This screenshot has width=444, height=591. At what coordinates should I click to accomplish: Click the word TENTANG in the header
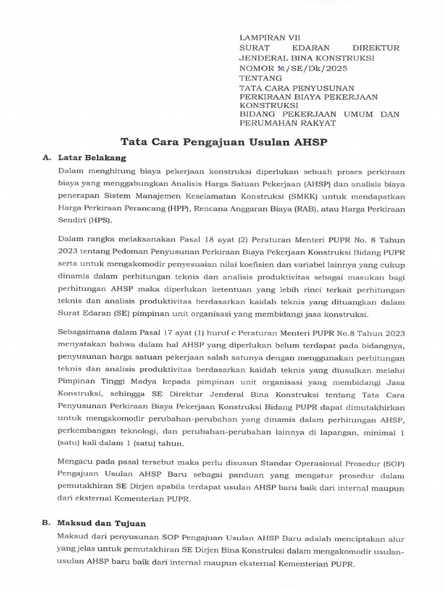point(261,78)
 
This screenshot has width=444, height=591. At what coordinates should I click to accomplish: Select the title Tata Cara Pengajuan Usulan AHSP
point(223,142)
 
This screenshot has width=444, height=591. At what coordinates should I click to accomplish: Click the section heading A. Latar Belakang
point(84,158)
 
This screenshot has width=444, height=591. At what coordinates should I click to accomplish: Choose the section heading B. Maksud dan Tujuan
point(94,523)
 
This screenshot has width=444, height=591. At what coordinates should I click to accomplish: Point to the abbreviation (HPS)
point(101,220)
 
